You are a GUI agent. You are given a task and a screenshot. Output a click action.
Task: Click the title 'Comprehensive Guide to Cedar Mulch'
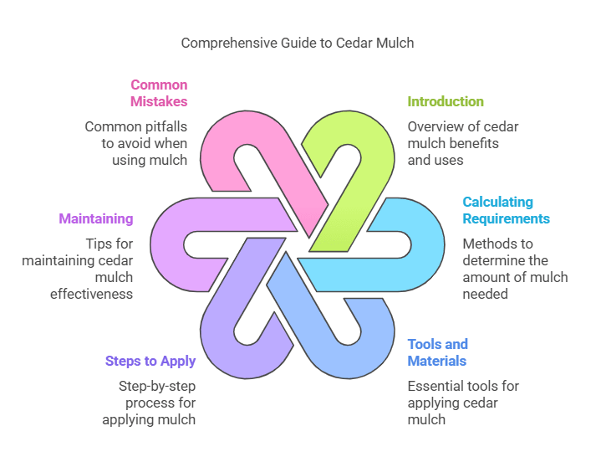pyautogui.click(x=298, y=43)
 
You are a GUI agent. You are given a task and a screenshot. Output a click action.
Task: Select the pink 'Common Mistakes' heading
pyautogui.click(x=159, y=93)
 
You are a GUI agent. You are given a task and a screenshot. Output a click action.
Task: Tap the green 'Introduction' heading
pyautogui.click(x=446, y=101)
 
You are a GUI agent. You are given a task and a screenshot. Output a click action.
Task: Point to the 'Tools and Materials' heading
pyautogui.click(x=437, y=352)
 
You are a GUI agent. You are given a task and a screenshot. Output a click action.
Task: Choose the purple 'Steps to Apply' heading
pyautogui.click(x=150, y=361)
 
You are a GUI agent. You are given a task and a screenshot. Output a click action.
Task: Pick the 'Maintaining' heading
pyautogui.click(x=95, y=218)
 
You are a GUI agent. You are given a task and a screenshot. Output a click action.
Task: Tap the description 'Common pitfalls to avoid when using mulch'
pyautogui.click(x=136, y=143)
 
